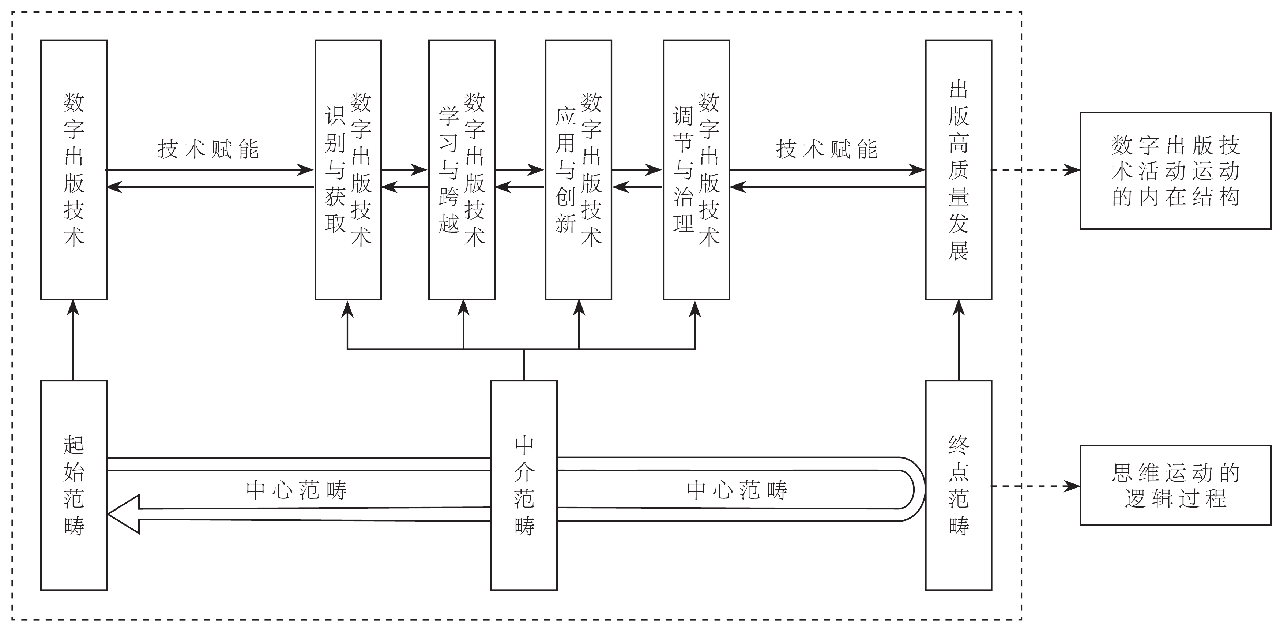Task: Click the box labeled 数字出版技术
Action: [74, 169]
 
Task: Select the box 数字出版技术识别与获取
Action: [348, 169]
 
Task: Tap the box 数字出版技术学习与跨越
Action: [462, 169]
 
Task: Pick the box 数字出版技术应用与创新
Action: [579, 169]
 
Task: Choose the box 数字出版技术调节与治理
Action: [696, 169]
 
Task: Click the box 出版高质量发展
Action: [959, 169]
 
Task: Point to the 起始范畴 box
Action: [74, 485]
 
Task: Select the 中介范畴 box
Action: [524, 485]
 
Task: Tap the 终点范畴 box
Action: [959, 485]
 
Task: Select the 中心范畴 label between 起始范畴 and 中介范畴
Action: [296, 490]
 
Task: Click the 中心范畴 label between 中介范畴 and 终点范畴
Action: [737, 490]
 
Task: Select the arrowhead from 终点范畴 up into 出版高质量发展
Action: [959, 307]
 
